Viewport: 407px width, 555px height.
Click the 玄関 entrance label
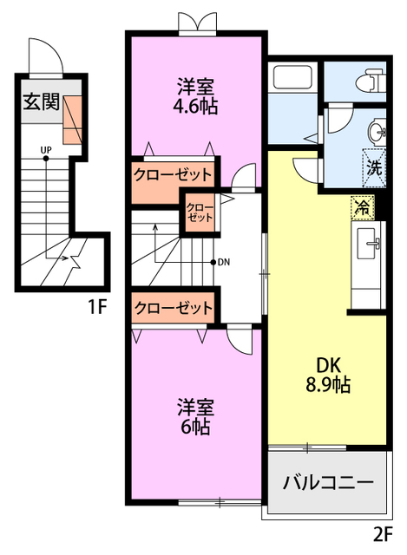pos(41,102)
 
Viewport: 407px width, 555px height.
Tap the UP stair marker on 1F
pos(44,150)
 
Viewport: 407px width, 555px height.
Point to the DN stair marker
pos(222,262)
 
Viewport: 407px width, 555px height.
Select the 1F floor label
pos(97,306)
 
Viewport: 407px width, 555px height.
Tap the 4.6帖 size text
pos(196,107)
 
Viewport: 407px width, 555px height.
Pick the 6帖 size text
pos(195,426)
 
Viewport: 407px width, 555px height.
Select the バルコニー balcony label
pos(328,483)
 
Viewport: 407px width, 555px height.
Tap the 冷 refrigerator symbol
pos(361,208)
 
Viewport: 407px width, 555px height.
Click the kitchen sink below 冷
pos(374,244)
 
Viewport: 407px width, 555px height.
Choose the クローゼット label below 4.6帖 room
pos(173,174)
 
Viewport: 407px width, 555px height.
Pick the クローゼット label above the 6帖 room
pos(173,308)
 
